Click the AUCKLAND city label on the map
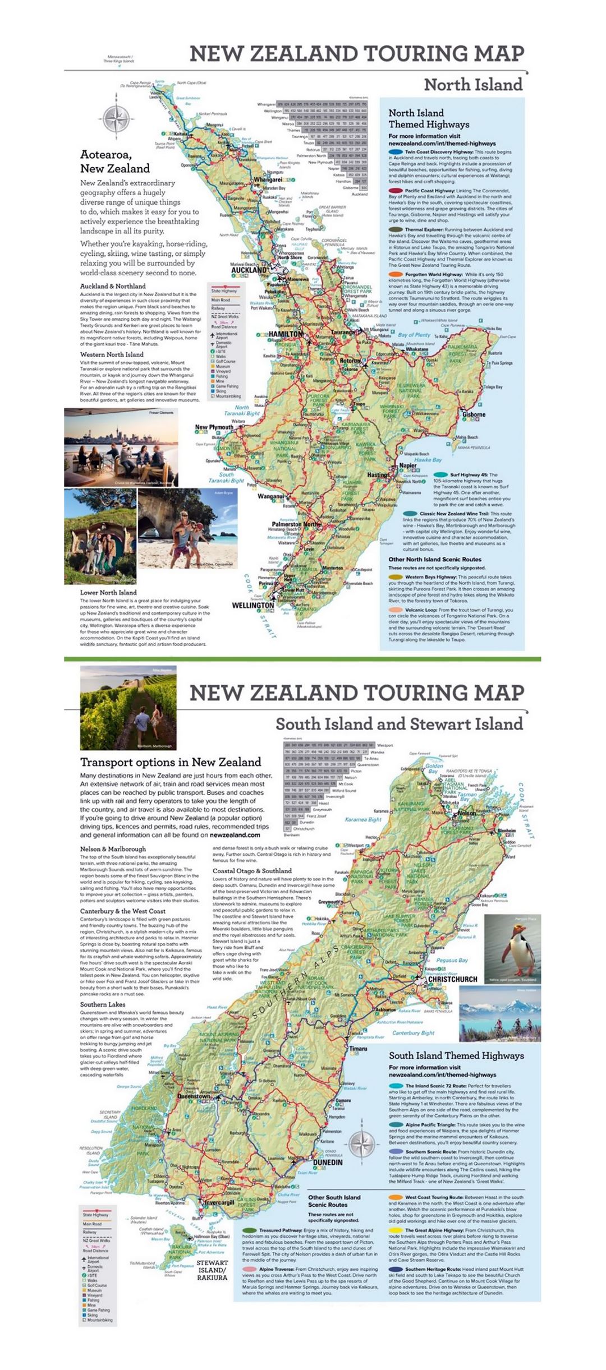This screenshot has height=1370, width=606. pyautogui.click(x=249, y=270)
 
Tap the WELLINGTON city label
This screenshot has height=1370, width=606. pyautogui.click(x=252, y=606)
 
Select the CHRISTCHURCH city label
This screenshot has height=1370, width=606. pyautogui.click(x=453, y=979)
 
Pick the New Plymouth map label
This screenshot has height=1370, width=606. pyautogui.click(x=214, y=427)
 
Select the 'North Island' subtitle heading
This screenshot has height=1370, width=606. pyautogui.click(x=472, y=85)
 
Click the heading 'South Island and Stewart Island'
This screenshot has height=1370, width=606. pyautogui.click(x=399, y=723)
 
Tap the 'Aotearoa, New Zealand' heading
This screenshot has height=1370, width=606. pyautogui.click(x=115, y=162)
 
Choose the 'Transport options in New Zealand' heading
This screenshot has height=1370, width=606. pyautogui.click(x=171, y=762)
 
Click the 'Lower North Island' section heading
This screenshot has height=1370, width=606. pyautogui.click(x=108, y=592)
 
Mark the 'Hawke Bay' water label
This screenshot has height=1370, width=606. pyautogui.click(x=428, y=460)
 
